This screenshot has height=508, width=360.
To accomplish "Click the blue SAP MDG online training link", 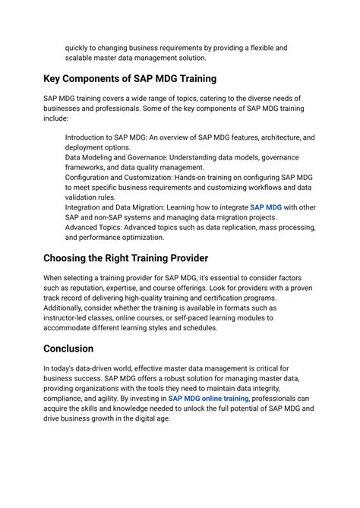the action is [208, 398].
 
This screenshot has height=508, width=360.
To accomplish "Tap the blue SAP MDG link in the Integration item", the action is [265, 207].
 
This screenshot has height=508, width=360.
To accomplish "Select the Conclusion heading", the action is [68, 349].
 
